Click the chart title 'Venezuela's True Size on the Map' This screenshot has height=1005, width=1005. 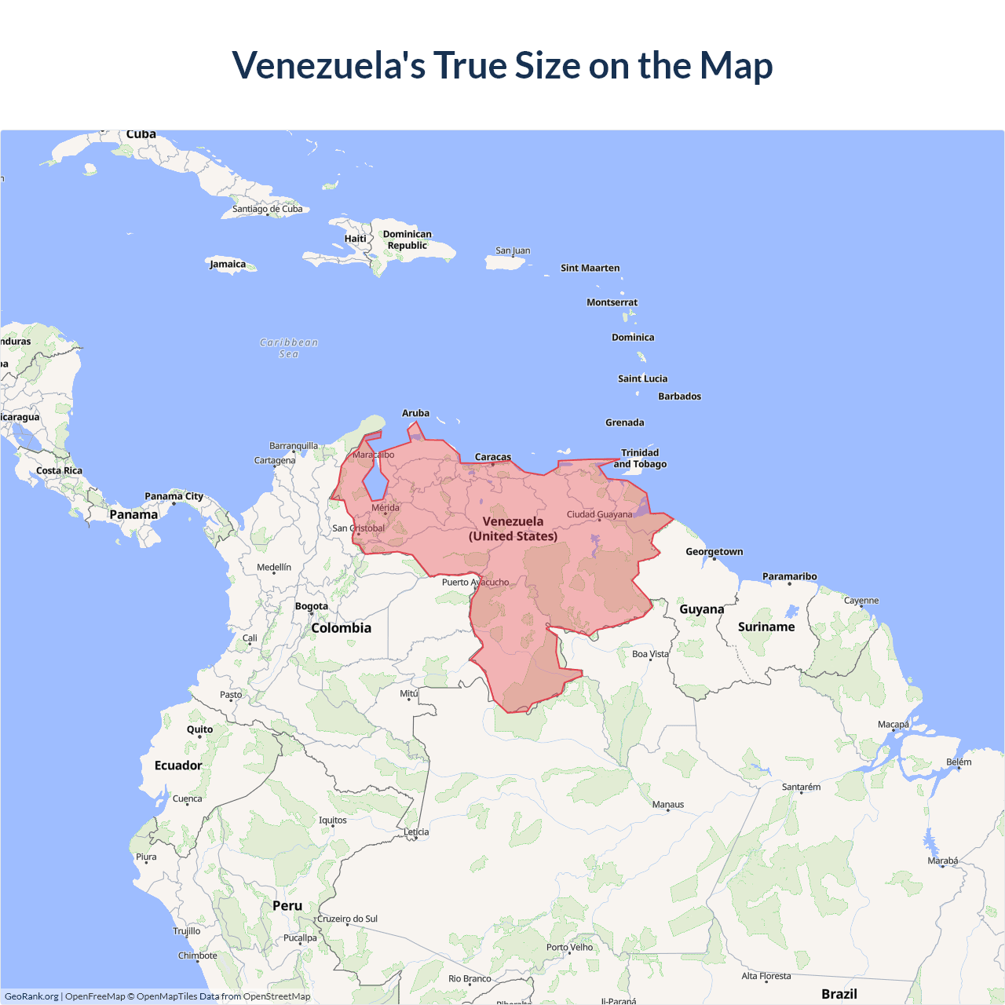[502, 65]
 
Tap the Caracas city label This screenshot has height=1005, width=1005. [493, 457]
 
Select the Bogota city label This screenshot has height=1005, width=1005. [312, 606]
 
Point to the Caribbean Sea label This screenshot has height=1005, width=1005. [289, 348]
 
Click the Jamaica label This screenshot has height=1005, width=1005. [228, 264]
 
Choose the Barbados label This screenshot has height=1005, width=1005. [679, 397]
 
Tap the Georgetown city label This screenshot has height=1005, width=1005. [714, 552]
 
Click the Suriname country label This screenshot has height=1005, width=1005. [766, 627]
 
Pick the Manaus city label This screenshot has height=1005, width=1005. [668, 805]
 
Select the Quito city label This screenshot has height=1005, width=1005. [200, 729]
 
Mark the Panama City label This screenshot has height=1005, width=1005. [174, 496]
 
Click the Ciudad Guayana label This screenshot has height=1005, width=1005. [599, 514]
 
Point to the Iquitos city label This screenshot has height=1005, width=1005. [333, 820]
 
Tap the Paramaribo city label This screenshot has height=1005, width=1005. [789, 576]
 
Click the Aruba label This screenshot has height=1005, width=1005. [415, 413]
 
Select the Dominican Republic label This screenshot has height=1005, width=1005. [407, 239]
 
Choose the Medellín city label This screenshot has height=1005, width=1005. [274, 567]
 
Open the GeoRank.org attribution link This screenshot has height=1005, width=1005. [31, 996]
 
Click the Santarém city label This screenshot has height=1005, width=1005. [801, 787]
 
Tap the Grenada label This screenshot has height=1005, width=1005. [625, 422]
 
